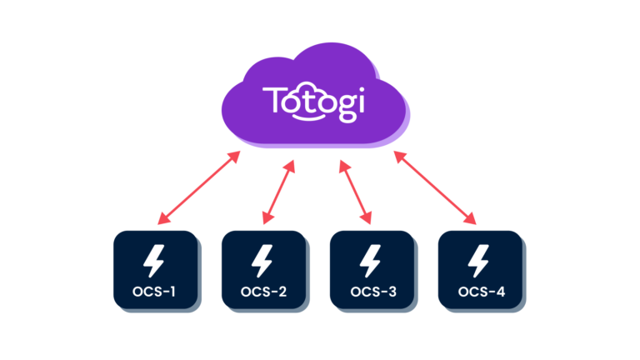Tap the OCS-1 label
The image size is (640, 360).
point(155,292)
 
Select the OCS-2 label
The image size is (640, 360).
point(263,292)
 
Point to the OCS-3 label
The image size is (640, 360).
point(372,292)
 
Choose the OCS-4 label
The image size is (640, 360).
point(482,292)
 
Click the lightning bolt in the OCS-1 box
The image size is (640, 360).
point(155,261)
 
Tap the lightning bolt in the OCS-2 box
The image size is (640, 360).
point(263,261)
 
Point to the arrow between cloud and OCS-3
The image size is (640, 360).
point(354,191)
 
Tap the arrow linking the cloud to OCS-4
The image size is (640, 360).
point(435,187)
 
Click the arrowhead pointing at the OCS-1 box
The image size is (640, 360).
point(162,221)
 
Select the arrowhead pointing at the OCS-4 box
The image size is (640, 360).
point(472,221)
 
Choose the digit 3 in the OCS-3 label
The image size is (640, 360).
point(392,292)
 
